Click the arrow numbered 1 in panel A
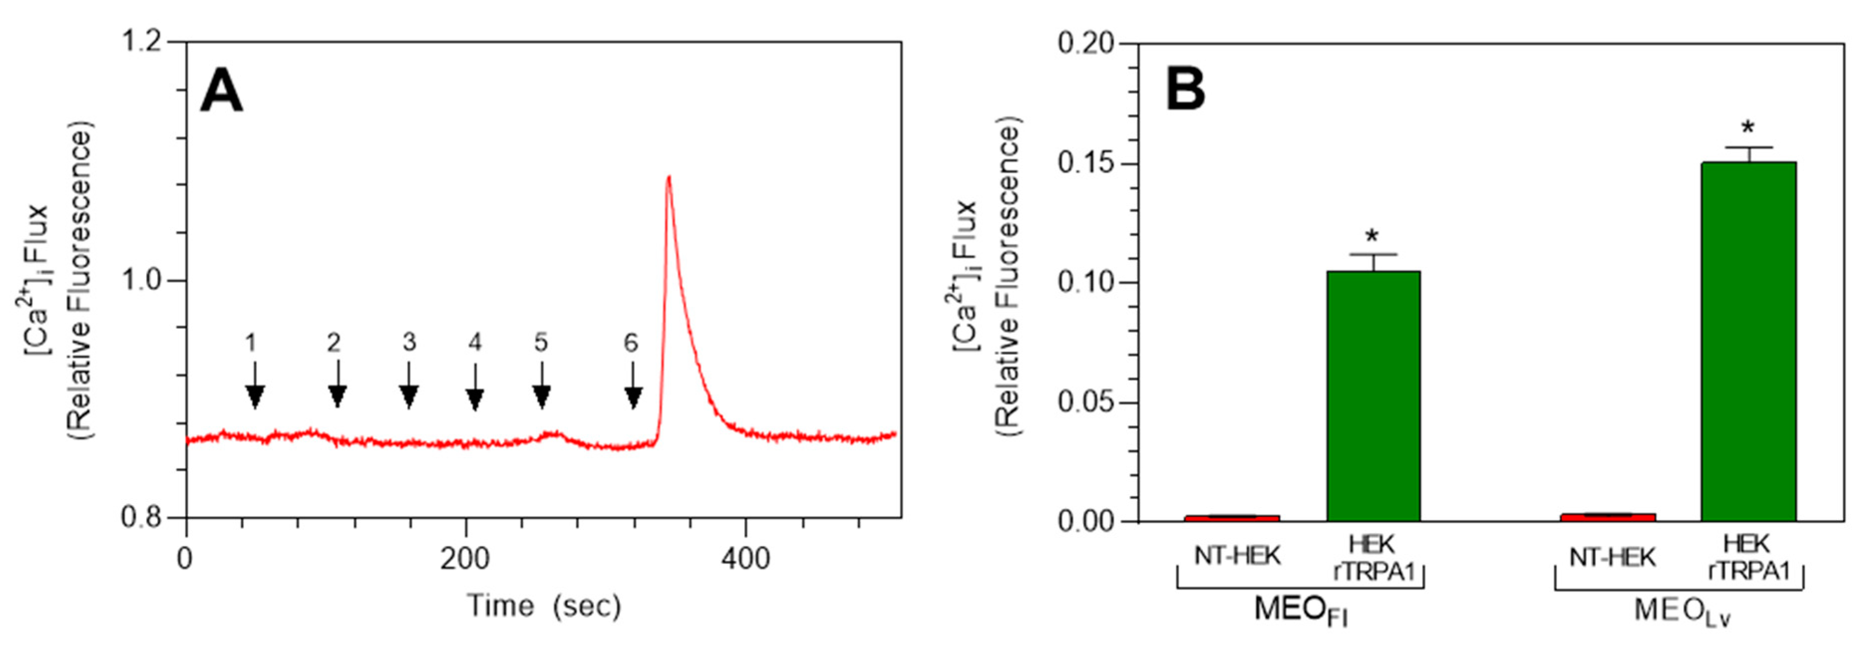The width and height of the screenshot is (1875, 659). click(x=254, y=386)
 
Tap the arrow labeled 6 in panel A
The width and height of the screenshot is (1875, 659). click(x=633, y=386)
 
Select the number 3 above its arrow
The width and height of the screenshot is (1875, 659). click(x=409, y=342)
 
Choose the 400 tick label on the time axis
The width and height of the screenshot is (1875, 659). click(x=745, y=558)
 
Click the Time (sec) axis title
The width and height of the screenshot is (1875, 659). click(x=544, y=605)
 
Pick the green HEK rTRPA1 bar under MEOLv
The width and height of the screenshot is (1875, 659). click(x=1748, y=342)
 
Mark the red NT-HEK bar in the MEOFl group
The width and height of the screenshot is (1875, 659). click(x=1232, y=518)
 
